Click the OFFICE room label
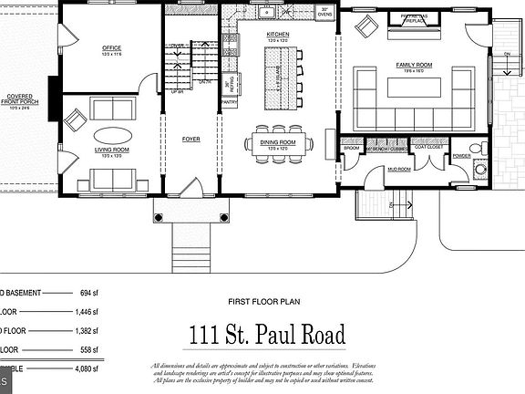(x=112, y=48)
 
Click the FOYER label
(x=191, y=140)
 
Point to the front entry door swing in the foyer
(x=192, y=188)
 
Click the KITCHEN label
(x=278, y=35)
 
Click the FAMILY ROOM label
(x=413, y=65)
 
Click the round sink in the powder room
(x=480, y=171)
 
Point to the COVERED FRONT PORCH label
(x=20, y=100)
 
